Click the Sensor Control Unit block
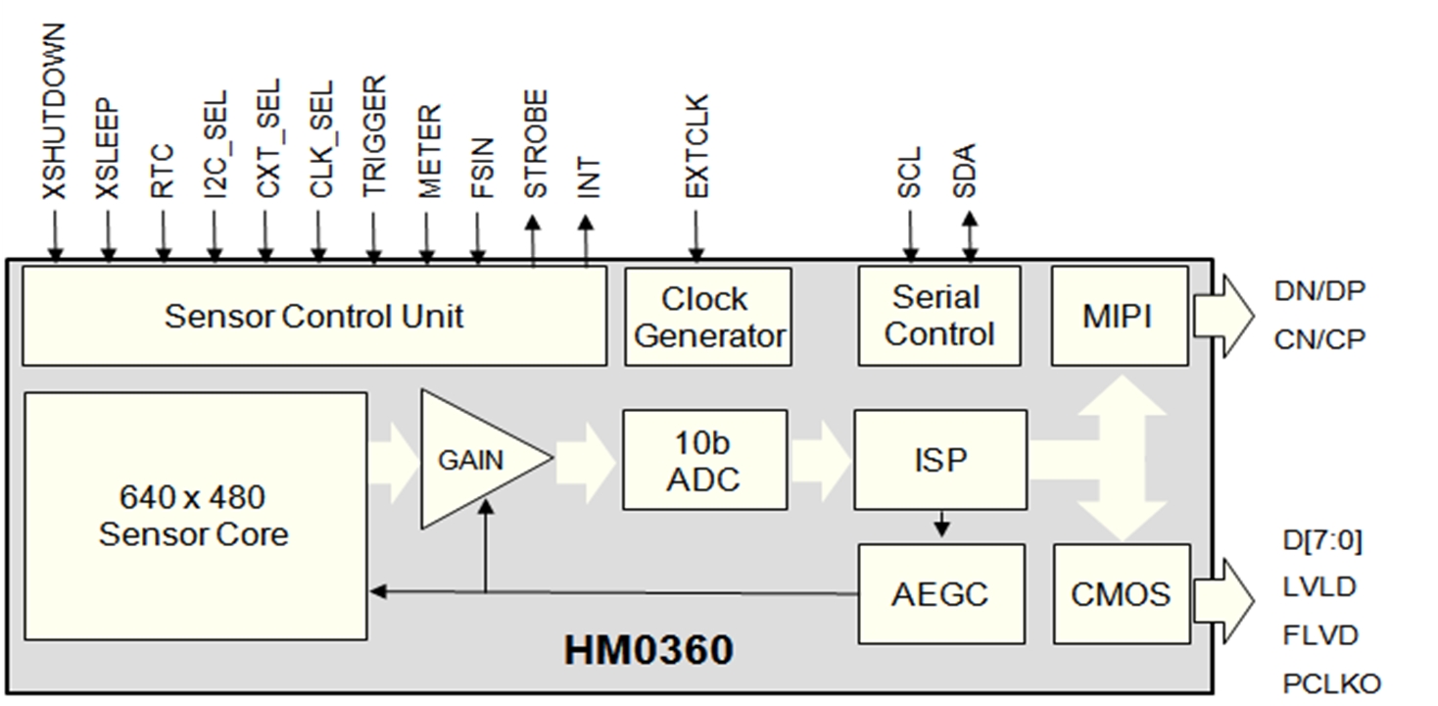[313, 316]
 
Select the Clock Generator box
[708, 316]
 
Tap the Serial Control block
[939, 316]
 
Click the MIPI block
[1118, 316]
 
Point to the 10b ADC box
[704, 460]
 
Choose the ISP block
[940, 460]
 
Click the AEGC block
[940, 593]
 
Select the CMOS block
[1121, 593]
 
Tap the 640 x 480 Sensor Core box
[194, 516]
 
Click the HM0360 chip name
[648, 651]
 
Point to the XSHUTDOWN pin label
[55, 113]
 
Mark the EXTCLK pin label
[696, 147]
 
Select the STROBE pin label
[536, 144]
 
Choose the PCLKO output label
[1331, 683]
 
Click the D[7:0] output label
[1321, 540]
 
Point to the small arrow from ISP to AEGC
[941, 524]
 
